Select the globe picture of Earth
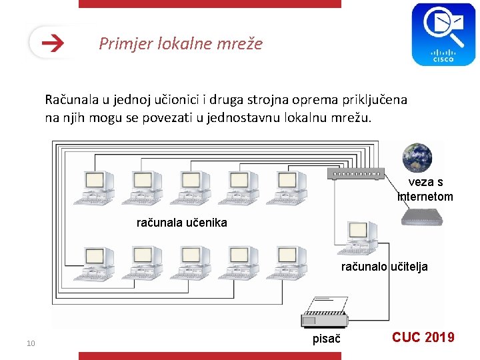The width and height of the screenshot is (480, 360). pyautogui.click(x=417, y=157)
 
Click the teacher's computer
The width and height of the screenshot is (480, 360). pyautogui.click(x=358, y=239)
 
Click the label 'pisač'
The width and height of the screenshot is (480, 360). pyautogui.click(x=327, y=339)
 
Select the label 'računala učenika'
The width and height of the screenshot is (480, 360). pyautogui.click(x=181, y=223)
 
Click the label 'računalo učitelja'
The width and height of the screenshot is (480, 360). pyautogui.click(x=384, y=267)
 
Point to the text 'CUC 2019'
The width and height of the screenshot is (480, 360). pyautogui.click(x=423, y=337)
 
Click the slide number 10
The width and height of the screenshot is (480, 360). pyautogui.click(x=30, y=343)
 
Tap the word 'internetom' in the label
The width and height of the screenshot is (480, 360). pyautogui.click(x=425, y=197)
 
